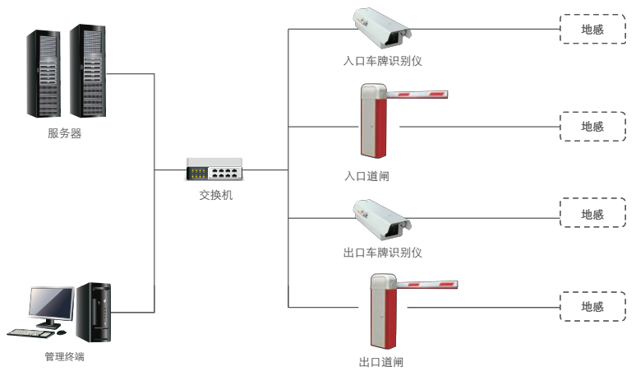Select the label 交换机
pos(216,195)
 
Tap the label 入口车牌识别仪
pos(382,62)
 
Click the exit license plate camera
pos(380,217)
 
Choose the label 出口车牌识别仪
pos(382,252)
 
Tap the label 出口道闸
pos(381,362)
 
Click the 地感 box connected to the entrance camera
pos(592,29)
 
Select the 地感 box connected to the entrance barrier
pos(592,127)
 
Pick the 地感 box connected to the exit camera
pos(592,214)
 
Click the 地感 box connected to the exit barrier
pos(592,306)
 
